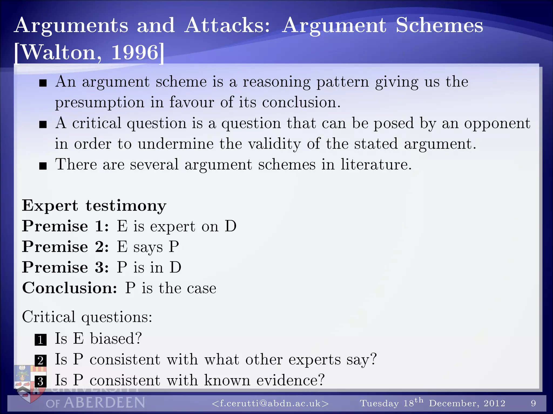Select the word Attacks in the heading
(x=227, y=25)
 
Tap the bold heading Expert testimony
(x=94, y=206)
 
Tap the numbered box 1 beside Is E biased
(x=41, y=340)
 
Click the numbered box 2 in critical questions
(x=41, y=360)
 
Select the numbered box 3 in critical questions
(x=41, y=381)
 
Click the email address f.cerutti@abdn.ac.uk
(x=270, y=403)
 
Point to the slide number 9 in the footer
(x=533, y=403)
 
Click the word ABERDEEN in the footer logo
(x=104, y=403)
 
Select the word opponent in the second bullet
(x=497, y=124)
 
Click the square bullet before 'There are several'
(x=43, y=166)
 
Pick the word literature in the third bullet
(x=376, y=164)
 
